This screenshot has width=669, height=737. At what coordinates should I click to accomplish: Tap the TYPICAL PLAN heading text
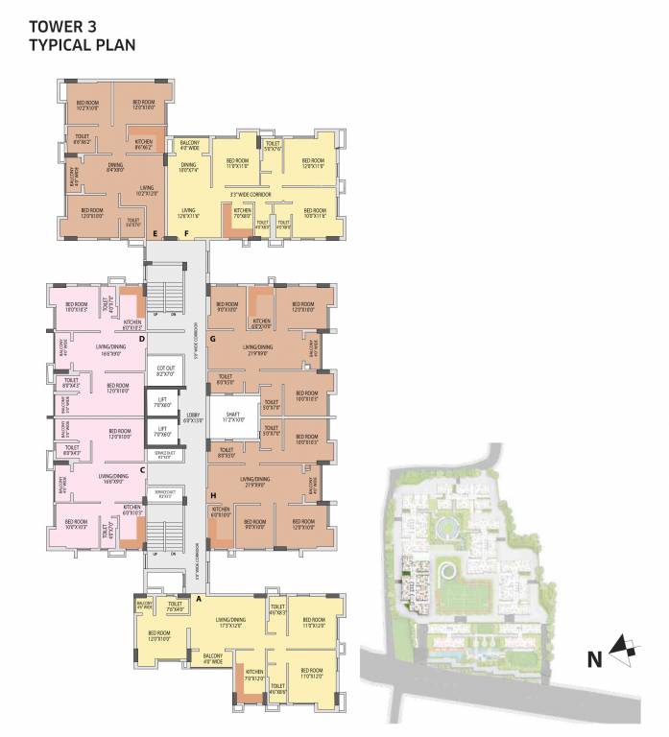[82, 44]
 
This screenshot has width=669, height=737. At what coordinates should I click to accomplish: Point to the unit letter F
[186, 233]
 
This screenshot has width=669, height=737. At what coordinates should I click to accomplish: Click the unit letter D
[141, 339]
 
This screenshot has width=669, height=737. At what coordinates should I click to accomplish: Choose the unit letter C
[142, 469]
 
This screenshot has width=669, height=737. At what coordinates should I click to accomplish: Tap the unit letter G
[212, 339]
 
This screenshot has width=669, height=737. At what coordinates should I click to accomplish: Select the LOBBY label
[192, 416]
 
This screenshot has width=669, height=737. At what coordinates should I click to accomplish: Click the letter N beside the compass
[594, 658]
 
